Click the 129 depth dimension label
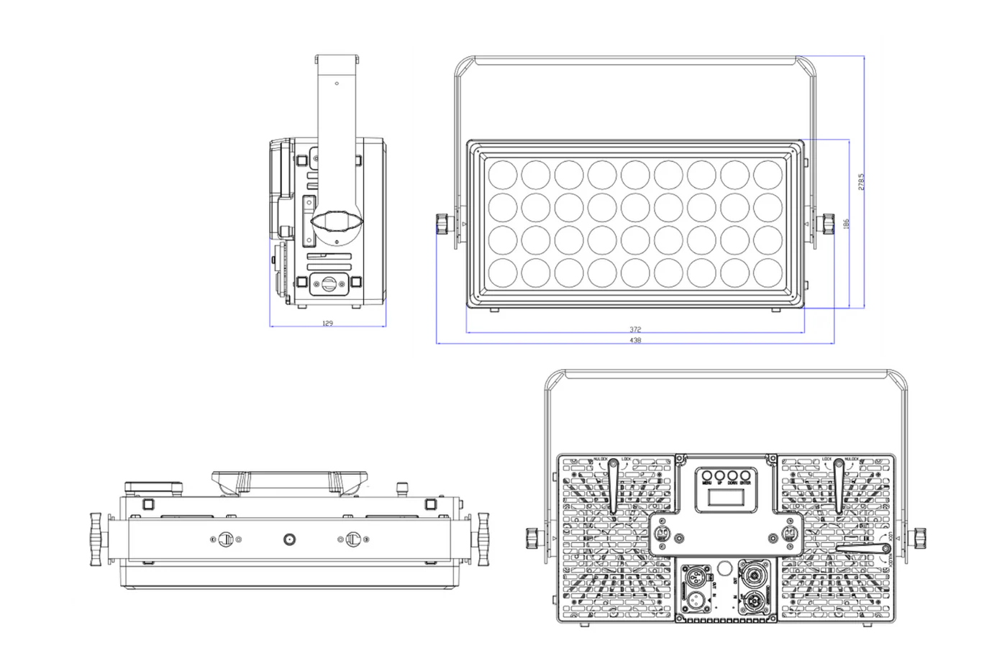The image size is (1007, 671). coord(327,324)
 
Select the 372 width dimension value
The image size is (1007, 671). coord(634,329)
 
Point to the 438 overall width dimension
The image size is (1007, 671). coord(634,340)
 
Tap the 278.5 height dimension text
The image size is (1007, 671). coord(862,181)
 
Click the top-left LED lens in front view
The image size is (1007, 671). coord(501,175)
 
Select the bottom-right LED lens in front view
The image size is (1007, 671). coord(768,273)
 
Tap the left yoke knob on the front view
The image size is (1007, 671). coord(442,224)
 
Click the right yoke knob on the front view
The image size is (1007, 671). coord(828,224)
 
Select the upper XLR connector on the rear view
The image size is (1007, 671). coord(698,578)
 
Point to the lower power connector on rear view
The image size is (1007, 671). coord(757,603)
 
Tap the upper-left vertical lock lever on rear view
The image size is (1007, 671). coord(613,487)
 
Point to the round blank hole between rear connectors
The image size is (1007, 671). coord(726,566)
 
